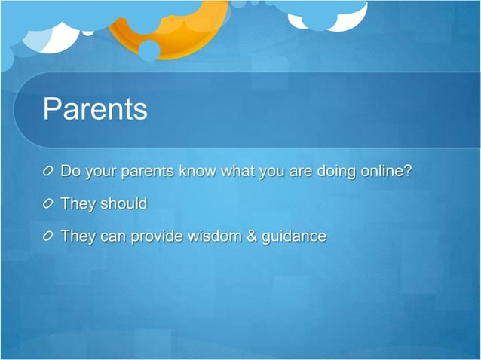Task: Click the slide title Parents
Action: point(95,109)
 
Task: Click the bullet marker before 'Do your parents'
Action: point(49,171)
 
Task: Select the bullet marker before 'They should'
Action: point(49,204)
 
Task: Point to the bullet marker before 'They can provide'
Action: point(49,237)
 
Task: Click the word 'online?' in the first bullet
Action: point(385,171)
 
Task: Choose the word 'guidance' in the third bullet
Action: point(293,237)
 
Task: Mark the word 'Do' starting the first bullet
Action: point(70,171)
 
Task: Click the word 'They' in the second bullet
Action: point(77,204)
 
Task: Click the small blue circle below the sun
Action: point(149,50)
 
